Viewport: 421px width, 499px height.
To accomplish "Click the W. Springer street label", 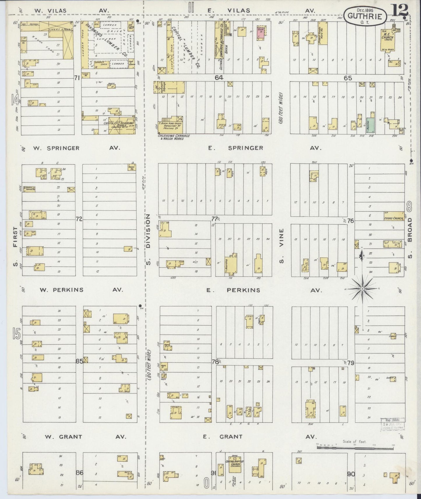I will click(56, 148).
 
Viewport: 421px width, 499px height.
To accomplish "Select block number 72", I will click(79, 219).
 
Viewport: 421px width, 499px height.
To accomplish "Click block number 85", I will click(79, 361).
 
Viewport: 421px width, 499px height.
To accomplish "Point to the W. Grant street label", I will click(63, 437).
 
